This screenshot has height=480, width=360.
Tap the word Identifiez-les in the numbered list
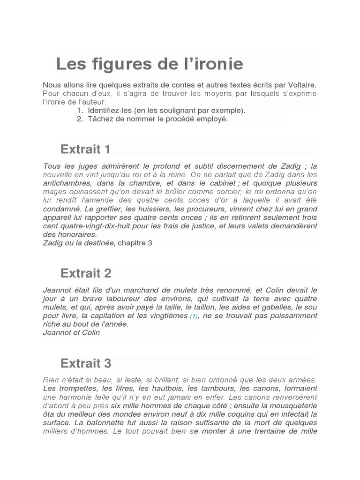(x=109, y=111)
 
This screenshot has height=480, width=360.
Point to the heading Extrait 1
(x=85, y=150)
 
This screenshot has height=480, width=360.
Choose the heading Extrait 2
(x=85, y=273)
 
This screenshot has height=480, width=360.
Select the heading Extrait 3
(x=85, y=363)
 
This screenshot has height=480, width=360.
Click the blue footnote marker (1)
(x=194, y=316)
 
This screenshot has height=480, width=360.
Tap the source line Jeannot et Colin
(x=71, y=333)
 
